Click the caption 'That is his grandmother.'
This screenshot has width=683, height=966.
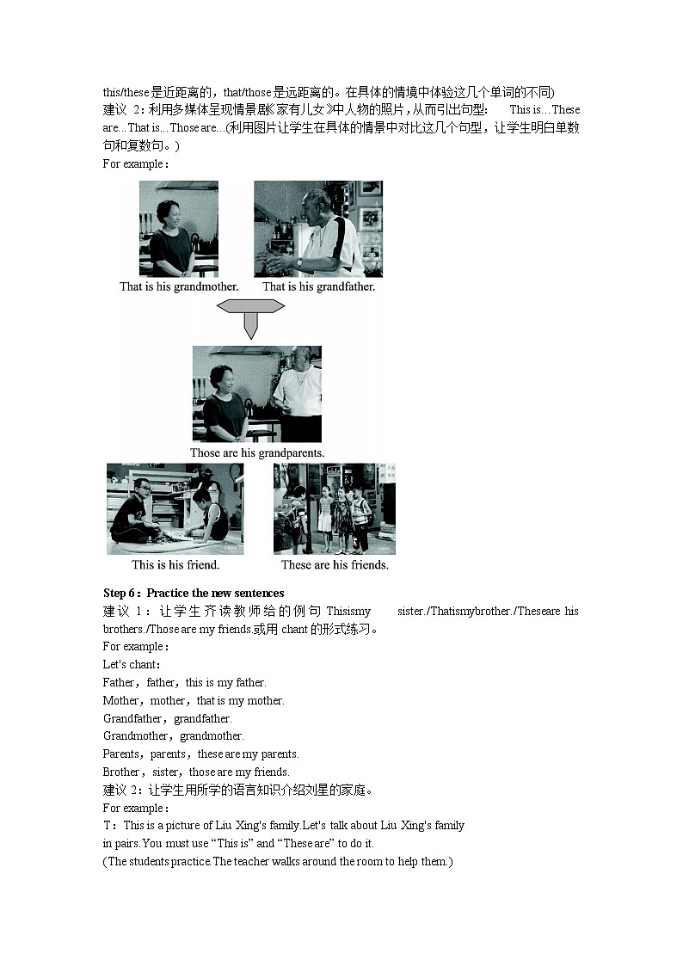tap(179, 286)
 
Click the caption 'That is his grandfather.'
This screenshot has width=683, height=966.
tap(318, 286)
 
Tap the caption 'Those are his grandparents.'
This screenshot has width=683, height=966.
tap(256, 452)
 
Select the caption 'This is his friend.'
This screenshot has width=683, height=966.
tap(175, 565)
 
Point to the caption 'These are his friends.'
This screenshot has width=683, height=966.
tap(335, 565)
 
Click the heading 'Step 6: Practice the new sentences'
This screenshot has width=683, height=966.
tap(194, 593)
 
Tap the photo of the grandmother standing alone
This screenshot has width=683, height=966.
tap(179, 228)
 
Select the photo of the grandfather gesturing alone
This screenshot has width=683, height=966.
tap(318, 228)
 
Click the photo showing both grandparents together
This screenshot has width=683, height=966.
tap(256, 394)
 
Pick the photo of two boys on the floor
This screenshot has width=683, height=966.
tap(175, 508)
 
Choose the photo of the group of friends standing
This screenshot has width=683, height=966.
tap(335, 508)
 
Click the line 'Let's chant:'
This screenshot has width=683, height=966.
tap(132, 664)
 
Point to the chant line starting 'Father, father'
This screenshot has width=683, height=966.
tap(184, 682)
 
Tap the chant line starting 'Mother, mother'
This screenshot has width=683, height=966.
tap(194, 700)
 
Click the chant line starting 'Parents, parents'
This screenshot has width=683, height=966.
tap(200, 754)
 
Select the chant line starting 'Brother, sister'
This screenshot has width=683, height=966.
tap(196, 772)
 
